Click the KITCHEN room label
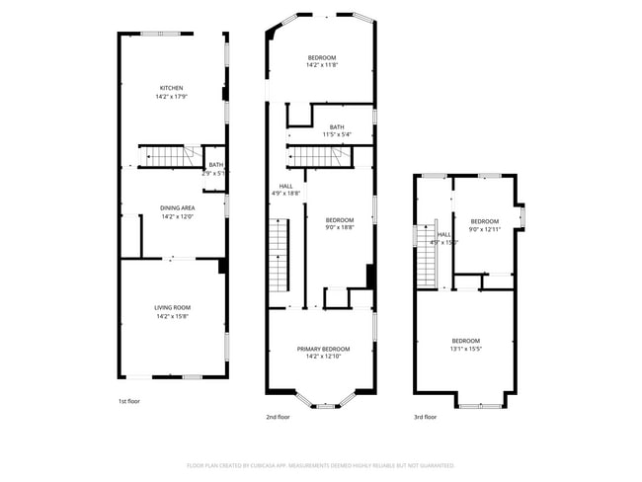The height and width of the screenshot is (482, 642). point(172,88)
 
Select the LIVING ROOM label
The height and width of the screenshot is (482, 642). point(172,308)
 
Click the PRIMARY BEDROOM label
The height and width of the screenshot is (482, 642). point(323,348)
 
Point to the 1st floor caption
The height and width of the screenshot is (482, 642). point(128,402)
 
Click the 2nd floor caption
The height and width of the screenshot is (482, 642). point(278,417)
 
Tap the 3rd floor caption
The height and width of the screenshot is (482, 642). point(425,417)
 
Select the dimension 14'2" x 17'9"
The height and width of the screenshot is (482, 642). point(172,97)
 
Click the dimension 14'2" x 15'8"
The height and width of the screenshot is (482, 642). point(172,317)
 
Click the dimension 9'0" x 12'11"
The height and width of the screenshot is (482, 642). point(484,229)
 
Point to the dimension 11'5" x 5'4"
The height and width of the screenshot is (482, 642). point(337,134)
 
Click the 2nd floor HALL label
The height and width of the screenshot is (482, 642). point(285,185)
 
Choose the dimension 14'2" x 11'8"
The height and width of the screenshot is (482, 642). point(322,66)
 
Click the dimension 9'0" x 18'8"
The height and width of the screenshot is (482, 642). point(339,227)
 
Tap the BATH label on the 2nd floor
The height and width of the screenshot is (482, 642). point(337,126)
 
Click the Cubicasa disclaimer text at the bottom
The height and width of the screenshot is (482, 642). point(321,464)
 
